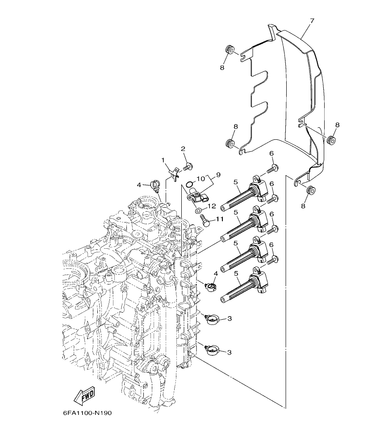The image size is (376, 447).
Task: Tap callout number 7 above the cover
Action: click(x=312, y=21)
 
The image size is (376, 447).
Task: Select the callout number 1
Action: click(x=163, y=159)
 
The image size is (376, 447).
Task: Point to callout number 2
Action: click(x=183, y=149)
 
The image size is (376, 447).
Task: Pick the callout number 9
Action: click(x=218, y=174)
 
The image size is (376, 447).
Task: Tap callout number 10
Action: click(x=201, y=179)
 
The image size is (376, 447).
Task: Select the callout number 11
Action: click(x=219, y=219)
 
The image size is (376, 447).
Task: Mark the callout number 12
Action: click(x=212, y=206)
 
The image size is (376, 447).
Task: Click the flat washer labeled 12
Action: click(x=198, y=209)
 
